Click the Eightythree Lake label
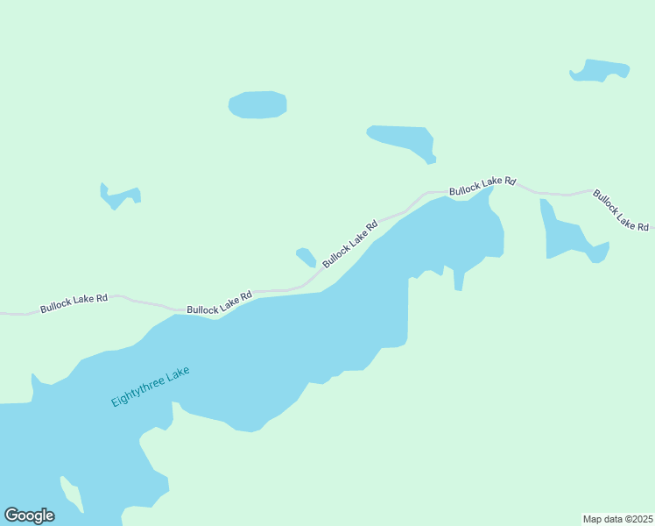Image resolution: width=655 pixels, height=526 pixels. click(x=150, y=386)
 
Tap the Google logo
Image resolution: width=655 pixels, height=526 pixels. click(x=30, y=515)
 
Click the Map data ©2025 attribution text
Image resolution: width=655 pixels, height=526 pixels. click(x=618, y=519)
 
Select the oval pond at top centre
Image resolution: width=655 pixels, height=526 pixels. click(x=257, y=104)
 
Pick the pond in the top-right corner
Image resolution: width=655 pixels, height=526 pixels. click(x=600, y=70)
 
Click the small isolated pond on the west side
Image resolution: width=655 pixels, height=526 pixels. click(x=118, y=196)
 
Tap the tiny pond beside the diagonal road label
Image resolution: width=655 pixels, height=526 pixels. click(x=306, y=257)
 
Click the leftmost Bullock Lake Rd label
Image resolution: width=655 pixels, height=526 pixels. click(x=74, y=303)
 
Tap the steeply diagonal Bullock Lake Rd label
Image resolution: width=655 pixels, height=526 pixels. click(x=349, y=244)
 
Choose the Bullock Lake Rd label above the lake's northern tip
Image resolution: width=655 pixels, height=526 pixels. click(x=482, y=185)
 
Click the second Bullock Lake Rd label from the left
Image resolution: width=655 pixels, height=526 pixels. click(x=219, y=302)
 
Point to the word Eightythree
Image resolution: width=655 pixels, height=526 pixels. click(x=137, y=392)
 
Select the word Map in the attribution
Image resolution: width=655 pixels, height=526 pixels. click(x=593, y=519)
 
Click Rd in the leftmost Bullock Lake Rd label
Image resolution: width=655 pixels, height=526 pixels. click(x=102, y=298)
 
